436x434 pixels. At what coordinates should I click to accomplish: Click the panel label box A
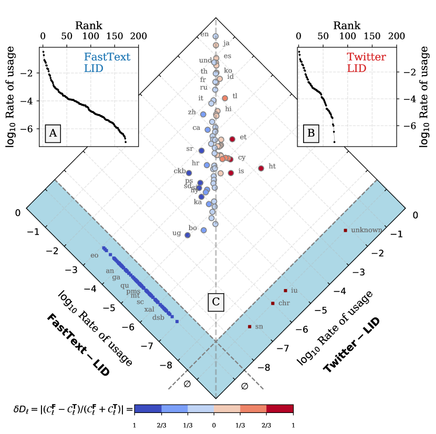[53, 133]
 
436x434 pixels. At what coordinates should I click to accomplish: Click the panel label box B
[311, 133]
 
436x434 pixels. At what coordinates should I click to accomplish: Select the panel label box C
[215, 302]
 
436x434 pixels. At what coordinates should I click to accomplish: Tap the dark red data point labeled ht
[261, 168]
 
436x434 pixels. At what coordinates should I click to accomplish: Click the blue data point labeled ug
[188, 235]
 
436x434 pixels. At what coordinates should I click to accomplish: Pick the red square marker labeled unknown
[346, 230]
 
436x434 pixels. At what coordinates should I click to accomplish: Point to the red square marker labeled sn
[250, 327]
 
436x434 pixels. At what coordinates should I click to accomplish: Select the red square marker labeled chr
[273, 304]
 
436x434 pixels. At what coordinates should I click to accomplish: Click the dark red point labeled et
[232, 139]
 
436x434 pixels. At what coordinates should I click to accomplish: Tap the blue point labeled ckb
[189, 173]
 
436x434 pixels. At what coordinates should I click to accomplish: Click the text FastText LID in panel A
[107, 63]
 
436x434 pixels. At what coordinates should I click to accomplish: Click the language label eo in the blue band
[95, 256]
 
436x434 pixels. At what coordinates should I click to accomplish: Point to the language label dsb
[158, 317]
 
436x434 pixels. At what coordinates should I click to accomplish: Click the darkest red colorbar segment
[279, 409]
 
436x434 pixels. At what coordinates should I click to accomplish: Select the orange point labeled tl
[225, 98]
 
